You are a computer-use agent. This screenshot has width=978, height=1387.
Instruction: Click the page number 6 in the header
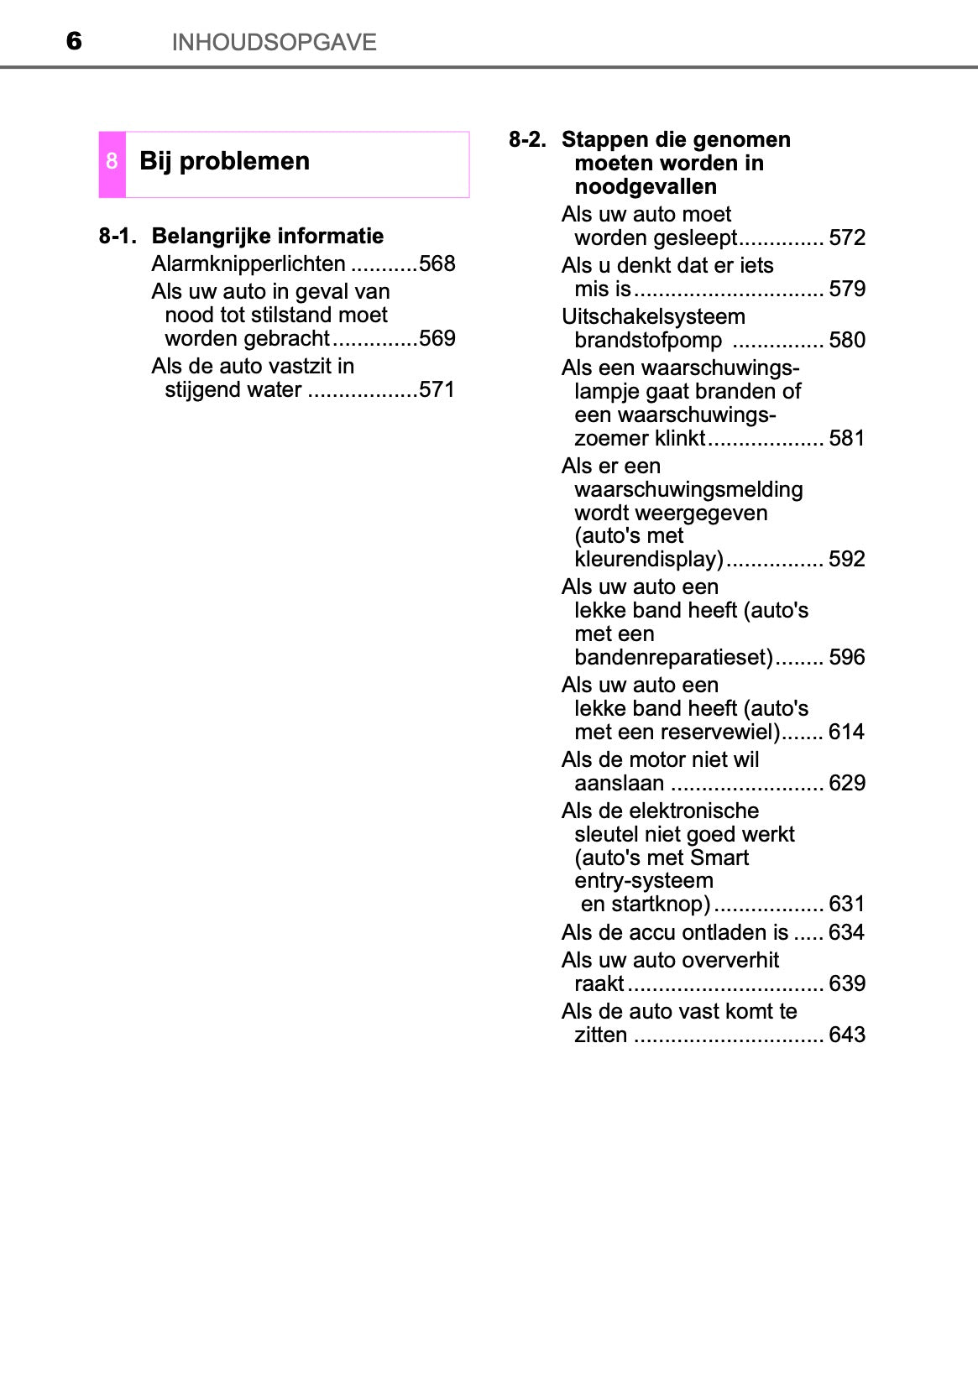tap(74, 41)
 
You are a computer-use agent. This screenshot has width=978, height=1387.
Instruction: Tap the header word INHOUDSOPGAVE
tap(274, 42)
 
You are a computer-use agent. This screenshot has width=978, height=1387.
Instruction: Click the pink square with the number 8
tap(112, 164)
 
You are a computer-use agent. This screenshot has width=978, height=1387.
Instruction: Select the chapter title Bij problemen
tap(224, 161)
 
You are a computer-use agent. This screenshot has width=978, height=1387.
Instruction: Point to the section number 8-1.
tap(118, 236)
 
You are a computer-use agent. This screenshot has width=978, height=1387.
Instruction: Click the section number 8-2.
tap(527, 139)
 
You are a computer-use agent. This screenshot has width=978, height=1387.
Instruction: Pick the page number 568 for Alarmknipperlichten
tap(437, 263)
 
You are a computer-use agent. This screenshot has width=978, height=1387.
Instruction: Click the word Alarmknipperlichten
tap(248, 263)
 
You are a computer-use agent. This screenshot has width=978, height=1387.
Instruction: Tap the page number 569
tap(437, 338)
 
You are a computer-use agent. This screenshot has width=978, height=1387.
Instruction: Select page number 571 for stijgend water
tap(437, 389)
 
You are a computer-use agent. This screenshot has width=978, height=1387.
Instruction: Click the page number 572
tap(846, 237)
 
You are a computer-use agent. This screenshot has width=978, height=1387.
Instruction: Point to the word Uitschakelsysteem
tap(653, 316)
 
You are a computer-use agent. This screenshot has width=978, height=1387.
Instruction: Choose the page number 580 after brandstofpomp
tap(846, 340)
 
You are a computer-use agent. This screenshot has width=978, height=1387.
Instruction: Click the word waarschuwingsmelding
tap(688, 489)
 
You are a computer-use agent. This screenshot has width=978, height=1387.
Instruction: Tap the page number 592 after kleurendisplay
tap(846, 559)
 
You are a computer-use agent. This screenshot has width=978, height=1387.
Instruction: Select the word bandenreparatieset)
tap(673, 657)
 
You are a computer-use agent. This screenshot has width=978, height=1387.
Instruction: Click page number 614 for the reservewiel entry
tap(846, 732)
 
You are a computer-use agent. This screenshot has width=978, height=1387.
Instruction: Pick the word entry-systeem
tap(644, 880)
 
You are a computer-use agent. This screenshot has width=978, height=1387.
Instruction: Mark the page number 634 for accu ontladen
tap(846, 932)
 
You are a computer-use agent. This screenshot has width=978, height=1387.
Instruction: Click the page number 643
tap(846, 1035)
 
